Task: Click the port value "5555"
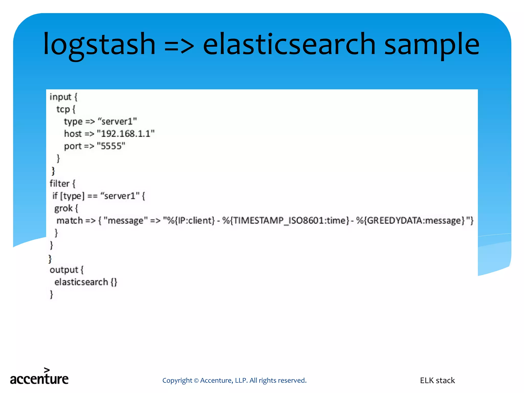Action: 111,146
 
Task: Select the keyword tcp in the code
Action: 63,109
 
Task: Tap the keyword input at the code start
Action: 60,97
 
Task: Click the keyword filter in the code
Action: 59,184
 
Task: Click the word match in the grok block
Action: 70,221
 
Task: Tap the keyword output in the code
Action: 64,270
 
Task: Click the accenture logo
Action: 39,377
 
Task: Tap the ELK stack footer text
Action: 437,380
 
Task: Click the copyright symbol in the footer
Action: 196,381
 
